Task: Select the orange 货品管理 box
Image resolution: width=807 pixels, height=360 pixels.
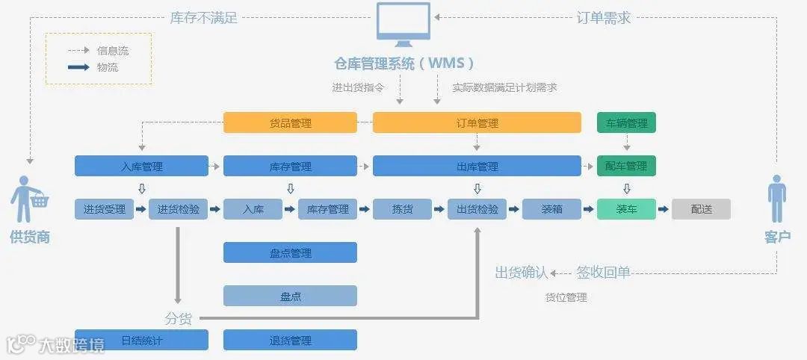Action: (290, 122)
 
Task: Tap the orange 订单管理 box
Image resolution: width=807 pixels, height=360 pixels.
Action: (477, 122)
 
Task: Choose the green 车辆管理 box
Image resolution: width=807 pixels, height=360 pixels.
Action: (626, 122)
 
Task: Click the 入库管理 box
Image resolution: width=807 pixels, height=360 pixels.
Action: (141, 166)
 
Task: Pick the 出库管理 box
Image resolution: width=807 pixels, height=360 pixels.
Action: (477, 166)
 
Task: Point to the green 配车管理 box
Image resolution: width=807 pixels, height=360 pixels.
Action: (626, 166)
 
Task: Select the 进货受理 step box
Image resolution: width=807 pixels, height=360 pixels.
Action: (104, 209)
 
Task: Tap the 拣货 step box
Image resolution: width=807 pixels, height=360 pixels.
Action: (402, 209)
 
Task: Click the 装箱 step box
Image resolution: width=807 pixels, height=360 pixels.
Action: (551, 209)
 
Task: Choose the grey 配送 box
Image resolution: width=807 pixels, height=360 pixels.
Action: (701, 209)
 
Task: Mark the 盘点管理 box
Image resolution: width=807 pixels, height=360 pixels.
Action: (290, 252)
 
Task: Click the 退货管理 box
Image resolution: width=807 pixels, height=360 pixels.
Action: (290, 341)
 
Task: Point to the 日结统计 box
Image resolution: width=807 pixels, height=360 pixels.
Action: (141, 341)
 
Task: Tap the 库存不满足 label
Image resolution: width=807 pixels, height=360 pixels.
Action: (203, 17)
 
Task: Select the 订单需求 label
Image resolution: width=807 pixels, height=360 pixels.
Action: (604, 17)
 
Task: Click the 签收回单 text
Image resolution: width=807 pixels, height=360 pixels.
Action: (603, 273)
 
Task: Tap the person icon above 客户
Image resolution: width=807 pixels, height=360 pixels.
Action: (777, 199)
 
